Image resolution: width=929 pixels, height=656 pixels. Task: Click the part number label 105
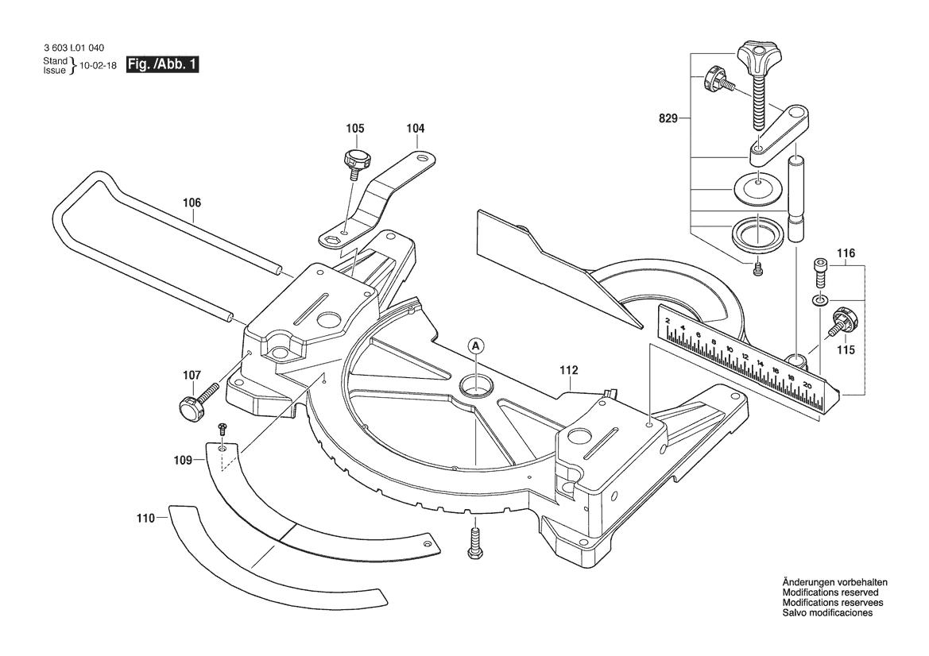pyautogui.click(x=355, y=129)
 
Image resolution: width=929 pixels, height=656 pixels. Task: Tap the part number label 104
pyautogui.click(x=416, y=129)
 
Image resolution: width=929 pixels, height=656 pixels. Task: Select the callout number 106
pyautogui.click(x=192, y=203)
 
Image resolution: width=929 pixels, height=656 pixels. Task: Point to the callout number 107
pyautogui.click(x=192, y=376)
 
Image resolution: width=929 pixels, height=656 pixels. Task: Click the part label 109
pyautogui.click(x=183, y=460)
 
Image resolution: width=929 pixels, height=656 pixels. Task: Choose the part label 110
pyautogui.click(x=145, y=519)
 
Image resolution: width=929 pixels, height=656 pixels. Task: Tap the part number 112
pyautogui.click(x=568, y=371)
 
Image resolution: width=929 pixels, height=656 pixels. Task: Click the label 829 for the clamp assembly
pyautogui.click(x=668, y=119)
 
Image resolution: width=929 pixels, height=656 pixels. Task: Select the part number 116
pyautogui.click(x=846, y=253)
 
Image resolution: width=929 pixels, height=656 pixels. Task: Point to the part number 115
pyautogui.click(x=846, y=350)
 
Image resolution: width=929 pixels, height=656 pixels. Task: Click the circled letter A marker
pyautogui.click(x=475, y=345)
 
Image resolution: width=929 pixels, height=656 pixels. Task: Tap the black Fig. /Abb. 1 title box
pyautogui.click(x=162, y=64)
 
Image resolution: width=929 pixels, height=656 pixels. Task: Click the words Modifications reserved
pyautogui.click(x=830, y=592)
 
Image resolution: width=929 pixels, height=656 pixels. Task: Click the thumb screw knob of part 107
pyautogui.click(x=191, y=408)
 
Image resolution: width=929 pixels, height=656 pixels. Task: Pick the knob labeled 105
pyautogui.click(x=355, y=160)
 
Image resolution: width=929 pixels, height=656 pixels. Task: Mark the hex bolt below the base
pyautogui.click(x=474, y=541)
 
